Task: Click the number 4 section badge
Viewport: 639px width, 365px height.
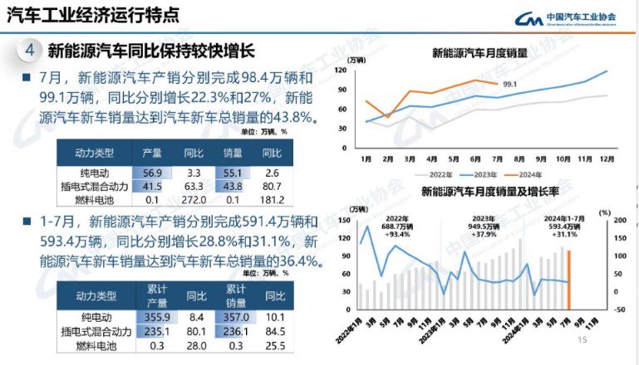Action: pos(30,50)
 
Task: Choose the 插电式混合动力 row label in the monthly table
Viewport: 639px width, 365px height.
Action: pos(95,187)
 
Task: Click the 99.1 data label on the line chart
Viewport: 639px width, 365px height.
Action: pos(509,84)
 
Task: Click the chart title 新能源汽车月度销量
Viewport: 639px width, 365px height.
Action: pos(479,53)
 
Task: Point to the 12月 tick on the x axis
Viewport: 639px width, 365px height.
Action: pos(607,158)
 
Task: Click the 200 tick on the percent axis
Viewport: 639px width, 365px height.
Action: pos(617,220)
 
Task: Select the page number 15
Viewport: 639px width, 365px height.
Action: pos(582,340)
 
